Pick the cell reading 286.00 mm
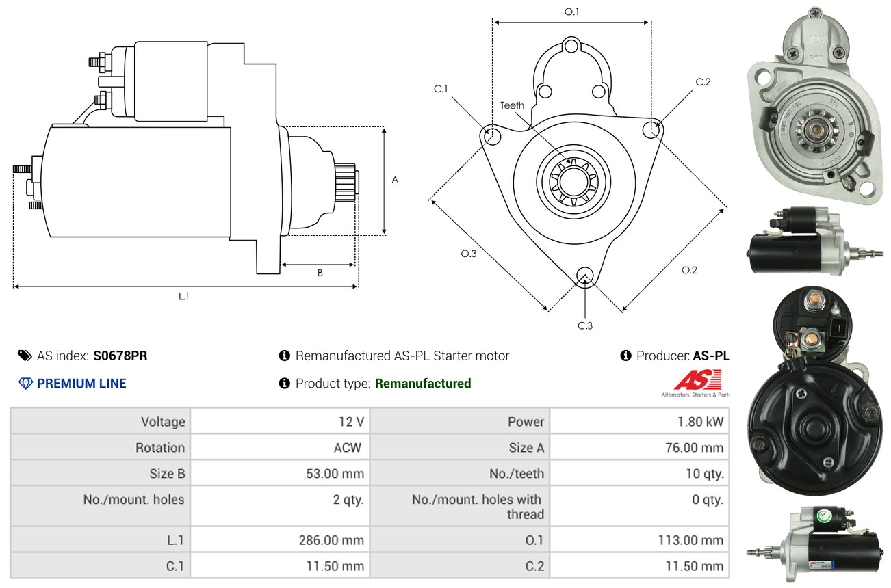coord(331,540)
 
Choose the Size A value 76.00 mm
coord(695,448)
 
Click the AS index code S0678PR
coord(120,356)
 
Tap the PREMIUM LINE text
coord(81,384)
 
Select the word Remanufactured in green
coord(423,384)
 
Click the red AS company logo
coord(697,380)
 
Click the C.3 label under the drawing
coord(584,325)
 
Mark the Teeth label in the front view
coord(512,105)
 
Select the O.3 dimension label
coord(468,254)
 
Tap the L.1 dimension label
coord(184,296)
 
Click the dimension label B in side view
coord(320,273)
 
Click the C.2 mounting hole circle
coord(652,129)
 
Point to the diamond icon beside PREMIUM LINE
coord(25,384)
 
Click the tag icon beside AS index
coord(25,356)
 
